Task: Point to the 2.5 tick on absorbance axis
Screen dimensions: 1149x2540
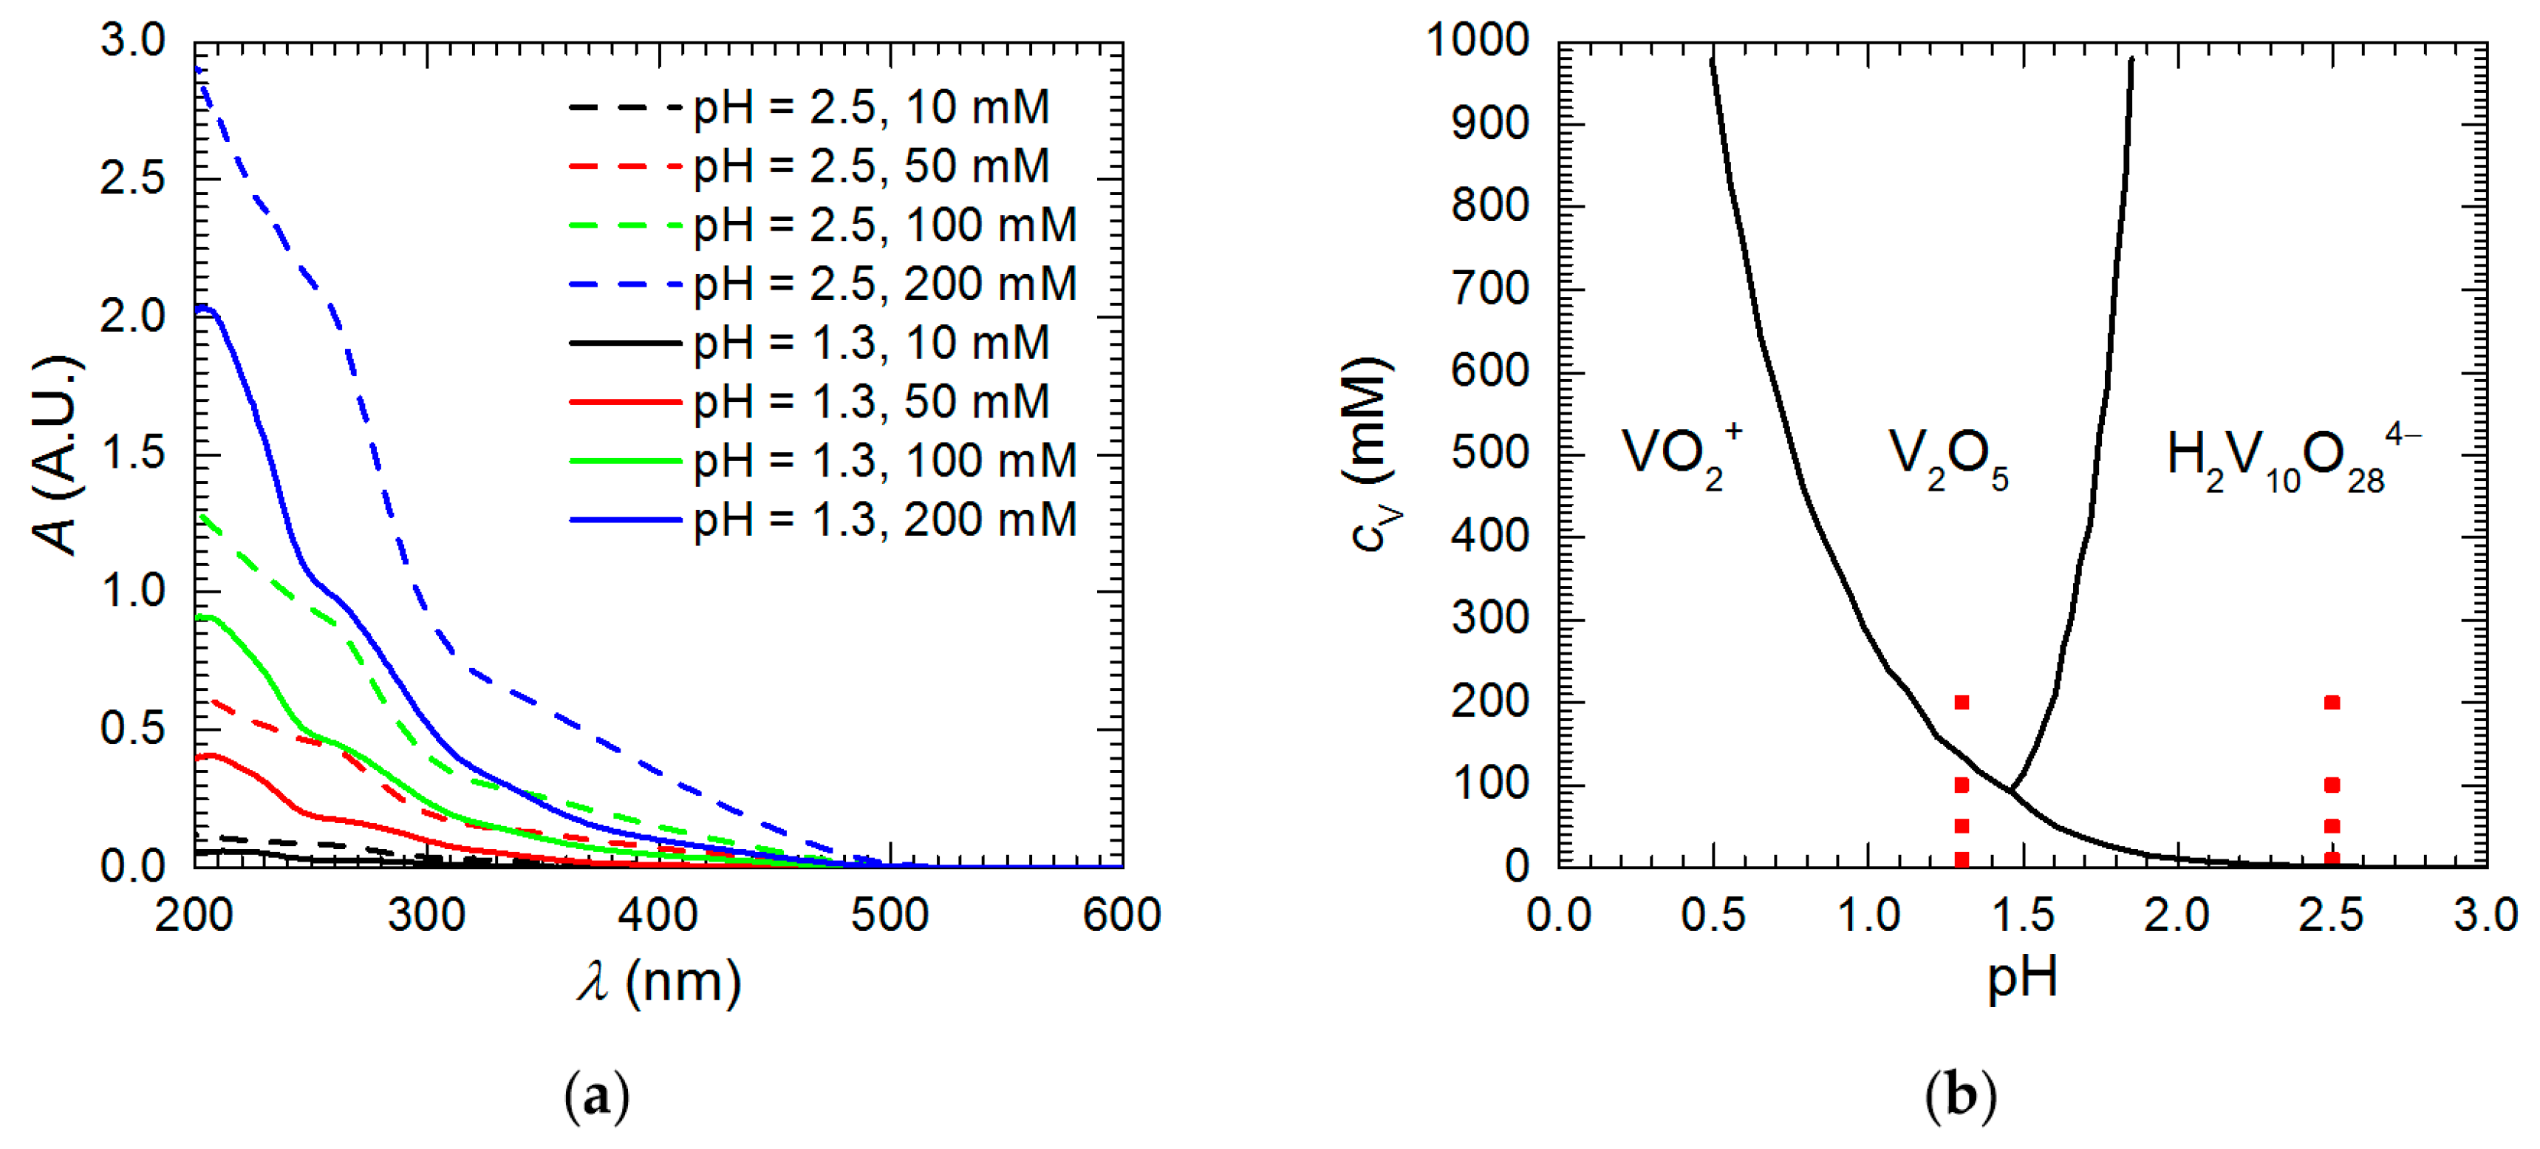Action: tap(133, 180)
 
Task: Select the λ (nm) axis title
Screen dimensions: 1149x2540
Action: tap(659, 982)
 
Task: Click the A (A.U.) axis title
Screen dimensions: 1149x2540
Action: tap(56, 456)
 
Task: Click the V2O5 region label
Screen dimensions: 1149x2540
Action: tap(1947, 460)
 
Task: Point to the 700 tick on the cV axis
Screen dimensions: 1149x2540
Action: tap(1489, 290)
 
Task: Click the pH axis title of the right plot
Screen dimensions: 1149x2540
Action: tap(2022, 978)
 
